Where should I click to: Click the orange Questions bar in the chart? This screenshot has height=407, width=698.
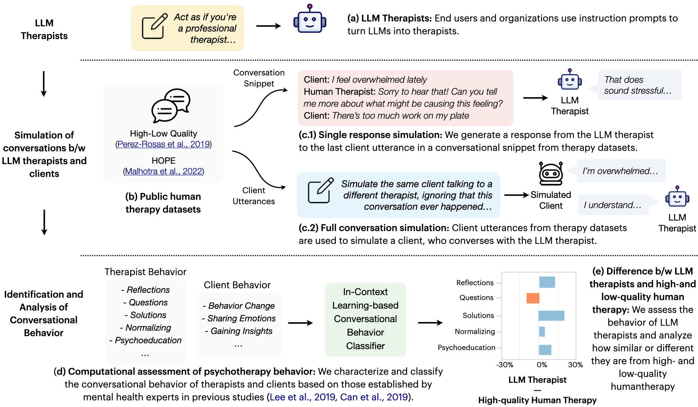point(533,298)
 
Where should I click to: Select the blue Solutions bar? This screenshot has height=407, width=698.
point(552,316)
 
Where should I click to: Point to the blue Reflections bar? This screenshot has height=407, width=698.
point(547,282)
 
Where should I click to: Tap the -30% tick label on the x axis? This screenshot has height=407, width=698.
point(505,365)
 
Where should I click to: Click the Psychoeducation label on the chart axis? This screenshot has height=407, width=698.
point(466,347)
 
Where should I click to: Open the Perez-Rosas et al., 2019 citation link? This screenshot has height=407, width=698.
point(163,144)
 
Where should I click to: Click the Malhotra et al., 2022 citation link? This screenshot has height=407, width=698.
point(163,171)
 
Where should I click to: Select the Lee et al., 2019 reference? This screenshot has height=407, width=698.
point(302,397)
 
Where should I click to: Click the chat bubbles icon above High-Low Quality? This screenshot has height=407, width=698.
point(171,106)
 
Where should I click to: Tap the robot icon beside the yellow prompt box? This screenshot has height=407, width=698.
point(310,19)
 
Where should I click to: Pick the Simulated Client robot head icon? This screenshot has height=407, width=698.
point(551,174)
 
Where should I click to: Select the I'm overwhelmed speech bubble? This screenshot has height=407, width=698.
point(620,171)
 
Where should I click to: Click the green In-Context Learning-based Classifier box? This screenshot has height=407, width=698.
point(365,319)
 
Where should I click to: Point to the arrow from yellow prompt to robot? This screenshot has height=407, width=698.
point(269,26)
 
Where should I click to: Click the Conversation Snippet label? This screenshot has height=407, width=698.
point(259,78)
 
